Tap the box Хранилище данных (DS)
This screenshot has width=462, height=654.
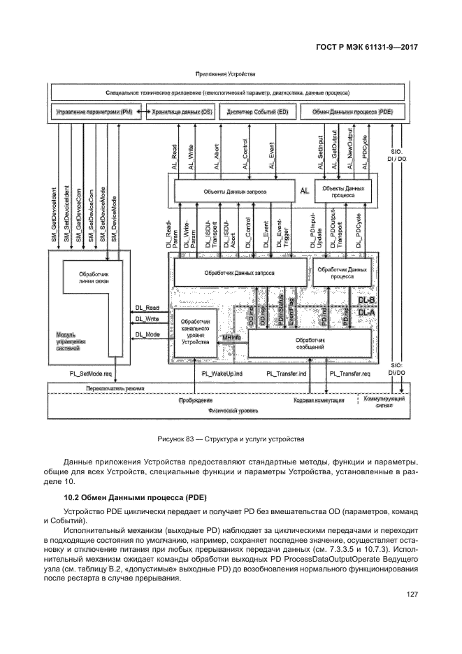177,111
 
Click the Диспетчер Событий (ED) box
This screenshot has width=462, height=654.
257,111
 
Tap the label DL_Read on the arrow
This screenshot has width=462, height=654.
148,307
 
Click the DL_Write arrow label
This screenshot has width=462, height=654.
148,321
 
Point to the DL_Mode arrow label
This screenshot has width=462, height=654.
148,335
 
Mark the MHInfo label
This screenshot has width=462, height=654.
231,337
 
